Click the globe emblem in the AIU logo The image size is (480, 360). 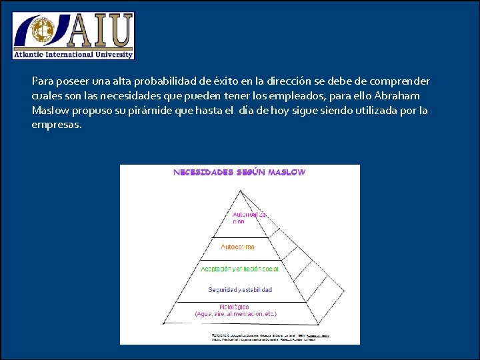click(x=43, y=31)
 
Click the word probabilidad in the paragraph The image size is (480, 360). click(x=165, y=81)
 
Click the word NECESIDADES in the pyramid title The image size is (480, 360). click(x=203, y=172)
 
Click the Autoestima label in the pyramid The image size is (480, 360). click(x=237, y=247)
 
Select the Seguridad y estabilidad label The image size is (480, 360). click(x=240, y=290)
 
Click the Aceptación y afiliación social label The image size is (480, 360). click(x=239, y=269)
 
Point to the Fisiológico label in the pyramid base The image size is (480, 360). click(x=235, y=307)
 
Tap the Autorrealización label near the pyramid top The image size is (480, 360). click(x=249, y=218)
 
